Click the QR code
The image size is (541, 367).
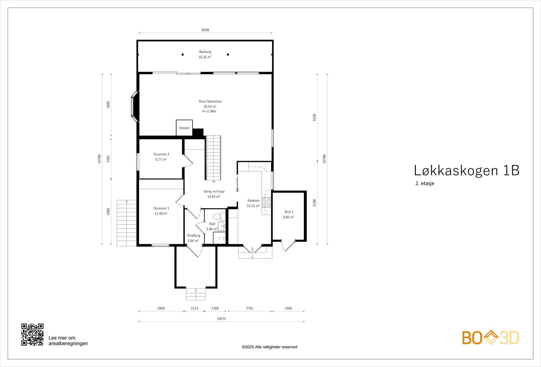[32, 335]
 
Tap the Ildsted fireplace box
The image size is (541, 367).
[184, 128]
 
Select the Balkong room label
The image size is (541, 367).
[205, 52]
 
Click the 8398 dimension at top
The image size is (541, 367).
[205, 30]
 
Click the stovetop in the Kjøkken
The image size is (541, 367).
[266, 202]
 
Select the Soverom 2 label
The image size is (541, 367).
[161, 154]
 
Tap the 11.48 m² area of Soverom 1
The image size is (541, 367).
[161, 214]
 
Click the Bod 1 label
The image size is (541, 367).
[288, 212]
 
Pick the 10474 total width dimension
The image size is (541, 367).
[221, 319]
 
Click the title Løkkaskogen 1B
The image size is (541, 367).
[467, 170]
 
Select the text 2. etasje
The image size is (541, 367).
[425, 184]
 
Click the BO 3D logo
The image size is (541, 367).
[491, 338]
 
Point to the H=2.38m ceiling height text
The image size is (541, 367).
[209, 111]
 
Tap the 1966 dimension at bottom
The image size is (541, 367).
[288, 308]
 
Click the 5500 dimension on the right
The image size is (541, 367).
[314, 117]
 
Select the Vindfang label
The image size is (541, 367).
[193, 236]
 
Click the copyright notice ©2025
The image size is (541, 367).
[269, 347]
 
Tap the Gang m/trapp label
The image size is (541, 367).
[214, 191]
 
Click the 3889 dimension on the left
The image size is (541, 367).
[108, 105]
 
